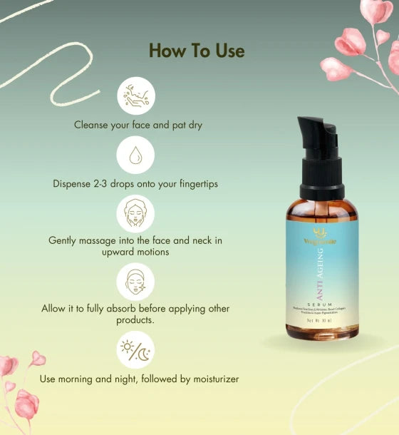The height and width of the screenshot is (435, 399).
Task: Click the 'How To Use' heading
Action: pyautogui.click(x=197, y=51)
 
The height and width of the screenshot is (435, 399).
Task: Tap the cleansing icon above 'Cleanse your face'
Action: pyautogui.click(x=135, y=96)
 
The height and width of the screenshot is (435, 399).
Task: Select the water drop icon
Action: pyautogui.click(x=135, y=155)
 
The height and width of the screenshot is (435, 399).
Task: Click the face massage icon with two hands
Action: pyautogui.click(x=135, y=213)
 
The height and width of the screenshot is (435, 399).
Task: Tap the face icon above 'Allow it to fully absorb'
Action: pyautogui.click(x=135, y=281)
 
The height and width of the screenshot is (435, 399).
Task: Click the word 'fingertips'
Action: pyautogui.click(x=192, y=184)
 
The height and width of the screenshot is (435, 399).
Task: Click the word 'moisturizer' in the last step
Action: pyautogui.click(x=211, y=379)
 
